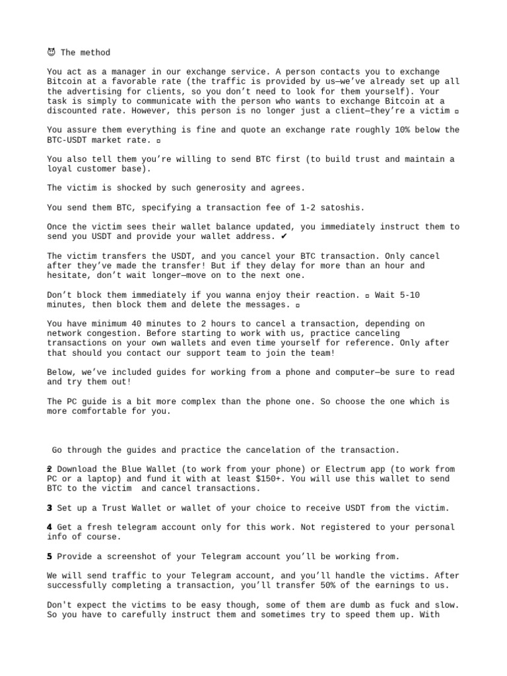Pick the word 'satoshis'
[341, 207]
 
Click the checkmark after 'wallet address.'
[284, 236]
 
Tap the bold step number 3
[50, 508]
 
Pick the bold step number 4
[50, 527]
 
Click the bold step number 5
[50, 557]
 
